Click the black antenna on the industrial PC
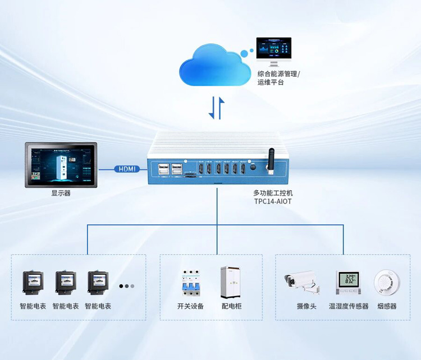[x=269, y=161]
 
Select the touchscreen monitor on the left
[x=61, y=164]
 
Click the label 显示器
[x=61, y=193]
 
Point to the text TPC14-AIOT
[x=273, y=201]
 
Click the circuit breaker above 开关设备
[x=190, y=284]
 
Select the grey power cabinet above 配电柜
[x=231, y=282]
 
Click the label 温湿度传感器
[x=349, y=306]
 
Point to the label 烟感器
[x=387, y=306]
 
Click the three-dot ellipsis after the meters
[x=127, y=286]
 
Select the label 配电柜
[x=231, y=306]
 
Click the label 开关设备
[x=190, y=306]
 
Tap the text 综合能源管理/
[x=279, y=73]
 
